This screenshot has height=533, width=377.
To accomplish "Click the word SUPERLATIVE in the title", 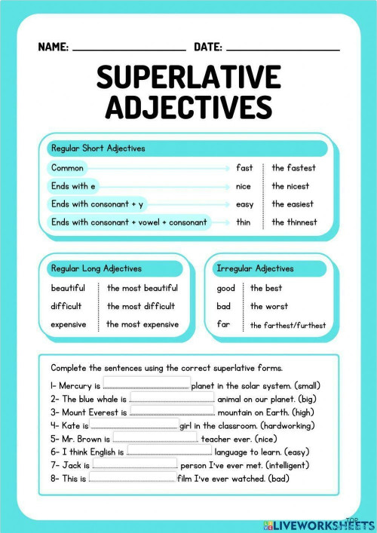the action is click(188, 78).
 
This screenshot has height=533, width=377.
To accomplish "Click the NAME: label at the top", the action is click(53, 47).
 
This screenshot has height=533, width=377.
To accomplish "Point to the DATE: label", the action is click(208, 47).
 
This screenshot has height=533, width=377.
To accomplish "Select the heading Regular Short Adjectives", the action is click(97, 149).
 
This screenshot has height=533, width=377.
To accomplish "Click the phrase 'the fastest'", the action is click(294, 167).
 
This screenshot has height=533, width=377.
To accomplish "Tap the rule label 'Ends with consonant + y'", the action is click(97, 204).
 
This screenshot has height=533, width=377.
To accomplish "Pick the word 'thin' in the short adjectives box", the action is click(244, 222).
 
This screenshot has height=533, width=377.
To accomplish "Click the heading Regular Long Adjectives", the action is click(96, 268).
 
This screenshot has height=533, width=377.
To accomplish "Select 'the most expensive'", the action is click(143, 324).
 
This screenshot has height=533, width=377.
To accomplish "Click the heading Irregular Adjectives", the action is click(255, 268).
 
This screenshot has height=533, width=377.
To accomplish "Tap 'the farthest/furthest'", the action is click(288, 325).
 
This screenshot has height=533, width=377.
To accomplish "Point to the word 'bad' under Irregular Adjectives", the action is click(224, 306).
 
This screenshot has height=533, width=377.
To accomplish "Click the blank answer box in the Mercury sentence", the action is click(146, 384).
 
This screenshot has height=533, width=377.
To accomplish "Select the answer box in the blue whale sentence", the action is click(173, 398).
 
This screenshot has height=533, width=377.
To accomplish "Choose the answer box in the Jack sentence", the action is click(134, 465).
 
